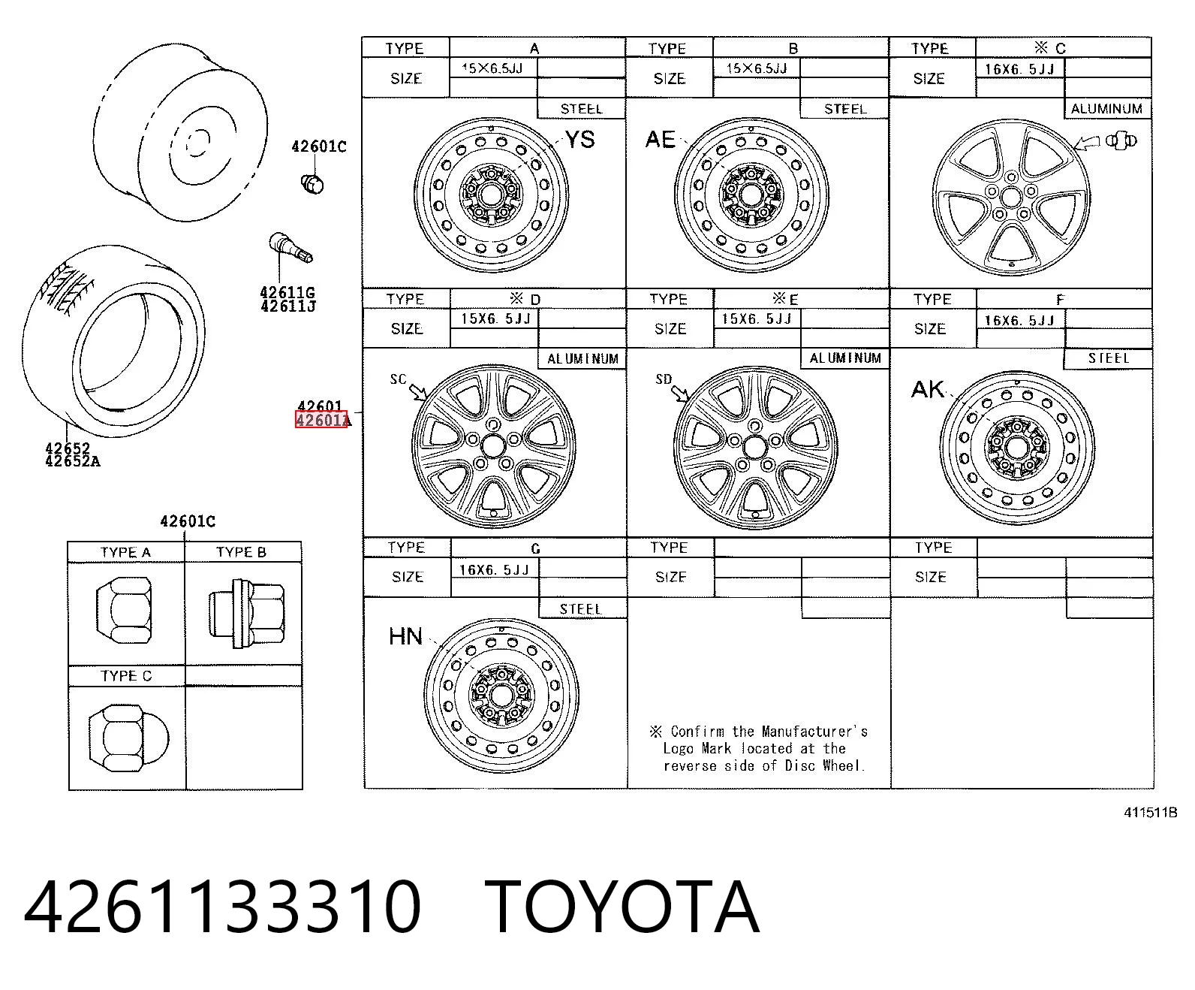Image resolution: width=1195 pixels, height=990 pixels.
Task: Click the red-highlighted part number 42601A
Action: coord(321,420)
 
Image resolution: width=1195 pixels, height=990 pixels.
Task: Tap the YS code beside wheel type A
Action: coord(579,140)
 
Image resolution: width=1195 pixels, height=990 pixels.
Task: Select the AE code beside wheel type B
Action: coord(661,139)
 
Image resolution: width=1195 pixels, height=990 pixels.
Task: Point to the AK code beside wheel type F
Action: coord(927,390)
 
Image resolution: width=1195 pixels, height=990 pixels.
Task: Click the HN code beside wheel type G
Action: coord(405,636)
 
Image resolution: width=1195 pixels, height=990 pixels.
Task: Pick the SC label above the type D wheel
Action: coord(398,379)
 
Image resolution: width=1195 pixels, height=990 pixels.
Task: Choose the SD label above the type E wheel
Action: coord(664,379)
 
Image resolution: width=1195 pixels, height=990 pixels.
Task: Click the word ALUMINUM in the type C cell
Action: coord(1106,109)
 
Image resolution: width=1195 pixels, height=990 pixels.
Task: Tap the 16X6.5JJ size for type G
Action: coord(494,569)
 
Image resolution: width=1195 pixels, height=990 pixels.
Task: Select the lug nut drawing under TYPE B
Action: coord(246,614)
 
